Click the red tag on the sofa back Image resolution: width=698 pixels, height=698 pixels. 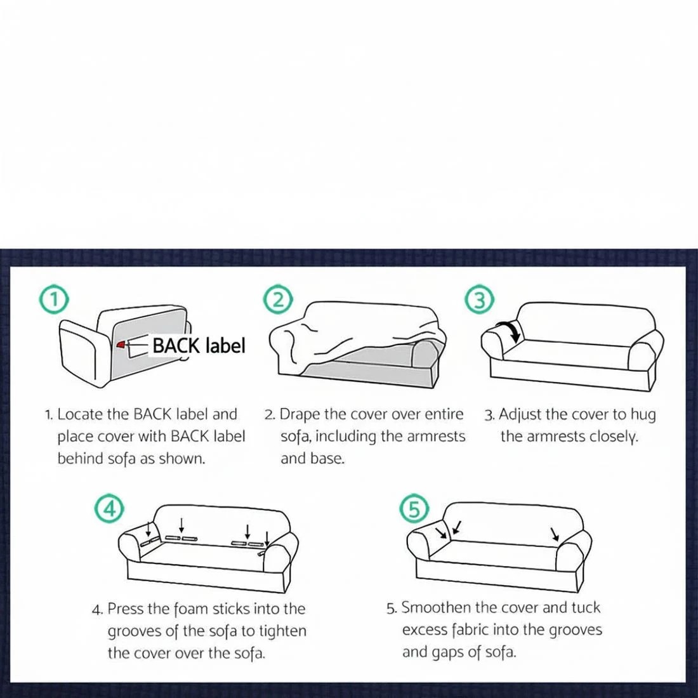121,345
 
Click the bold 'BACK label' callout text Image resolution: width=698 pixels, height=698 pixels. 199,346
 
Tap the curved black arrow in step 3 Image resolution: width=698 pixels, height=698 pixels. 510,331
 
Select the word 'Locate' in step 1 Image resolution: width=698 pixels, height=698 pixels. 80,415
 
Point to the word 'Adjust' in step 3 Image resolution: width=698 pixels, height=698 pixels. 520,415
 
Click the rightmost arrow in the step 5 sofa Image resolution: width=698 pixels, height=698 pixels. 555,534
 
